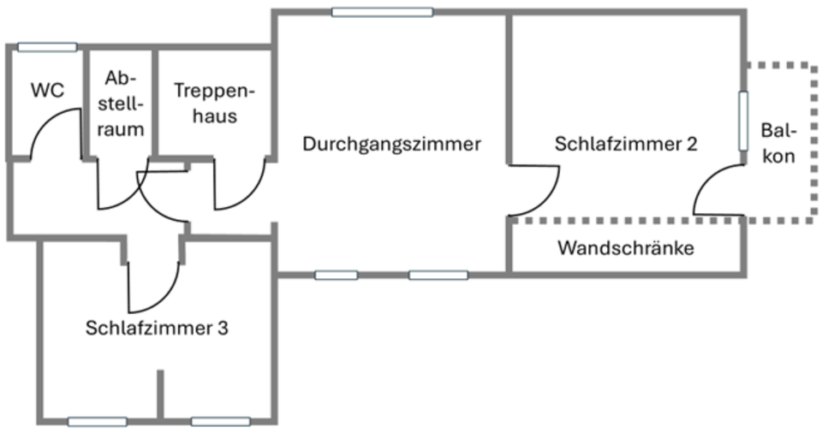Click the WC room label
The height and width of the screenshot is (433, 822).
click(47, 90)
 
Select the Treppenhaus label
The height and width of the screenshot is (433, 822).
click(214, 102)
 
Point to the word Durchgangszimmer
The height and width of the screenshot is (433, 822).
click(391, 144)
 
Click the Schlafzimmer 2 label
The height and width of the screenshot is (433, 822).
click(625, 144)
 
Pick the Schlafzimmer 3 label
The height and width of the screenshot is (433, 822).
click(157, 328)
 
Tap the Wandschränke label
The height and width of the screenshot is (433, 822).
click(625, 249)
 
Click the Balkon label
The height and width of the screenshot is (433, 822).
click(778, 144)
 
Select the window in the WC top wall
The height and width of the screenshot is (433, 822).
click(47, 47)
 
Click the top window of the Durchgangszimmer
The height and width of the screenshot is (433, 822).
click(382, 12)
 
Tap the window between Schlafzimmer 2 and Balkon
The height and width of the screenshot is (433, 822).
click(743, 120)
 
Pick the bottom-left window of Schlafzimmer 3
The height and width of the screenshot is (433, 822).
click(98, 421)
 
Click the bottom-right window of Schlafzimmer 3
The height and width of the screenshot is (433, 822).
click(221, 421)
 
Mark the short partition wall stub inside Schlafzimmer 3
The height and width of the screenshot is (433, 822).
click(159, 394)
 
